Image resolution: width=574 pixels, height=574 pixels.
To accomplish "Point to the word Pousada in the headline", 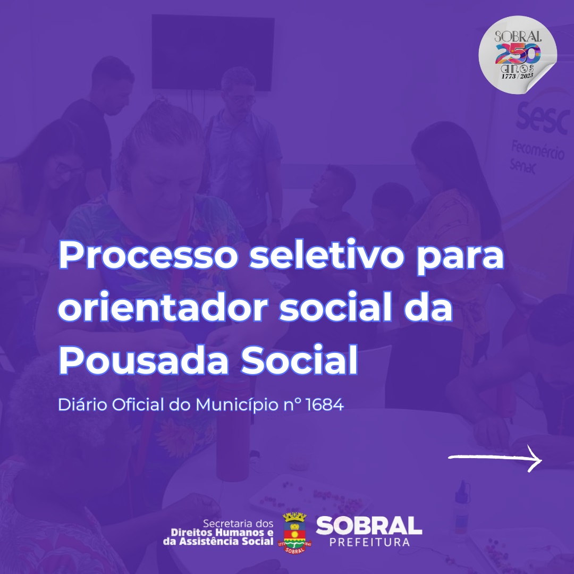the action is tap(143, 359).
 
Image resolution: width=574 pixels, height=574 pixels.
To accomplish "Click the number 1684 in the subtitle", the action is tap(324, 404).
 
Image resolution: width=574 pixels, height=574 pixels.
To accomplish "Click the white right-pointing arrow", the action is tap(495, 458).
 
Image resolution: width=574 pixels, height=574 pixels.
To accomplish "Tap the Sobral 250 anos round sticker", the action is tap(518, 55).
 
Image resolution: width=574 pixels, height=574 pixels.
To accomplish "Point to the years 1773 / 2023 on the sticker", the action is tap(517, 76).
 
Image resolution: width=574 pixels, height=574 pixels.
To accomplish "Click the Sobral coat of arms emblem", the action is tap(294, 533).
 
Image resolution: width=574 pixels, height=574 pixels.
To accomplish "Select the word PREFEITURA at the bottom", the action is tap(369, 542).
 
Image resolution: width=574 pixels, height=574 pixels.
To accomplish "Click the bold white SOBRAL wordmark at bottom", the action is tap(369, 526).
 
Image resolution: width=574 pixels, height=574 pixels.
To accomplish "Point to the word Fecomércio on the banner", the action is tap(538, 150).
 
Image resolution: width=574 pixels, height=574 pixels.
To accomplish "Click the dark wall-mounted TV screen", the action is tap(213, 52).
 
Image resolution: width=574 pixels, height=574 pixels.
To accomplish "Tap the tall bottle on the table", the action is tap(233, 425).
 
